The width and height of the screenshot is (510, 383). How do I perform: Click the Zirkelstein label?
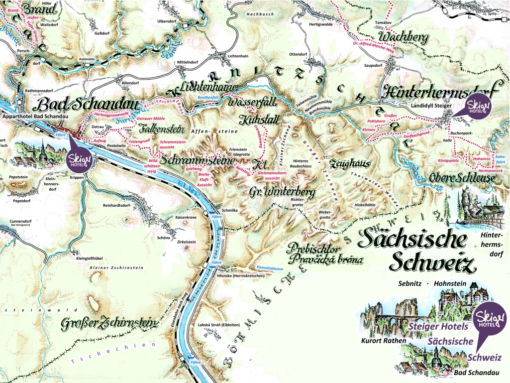point(186,242)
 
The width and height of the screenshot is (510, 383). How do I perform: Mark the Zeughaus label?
point(348,164)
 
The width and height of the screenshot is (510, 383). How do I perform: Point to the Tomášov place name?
point(384,23)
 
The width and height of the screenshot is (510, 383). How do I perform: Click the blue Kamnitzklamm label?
point(270,267)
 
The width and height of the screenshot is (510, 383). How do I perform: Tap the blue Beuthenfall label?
point(208,97)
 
